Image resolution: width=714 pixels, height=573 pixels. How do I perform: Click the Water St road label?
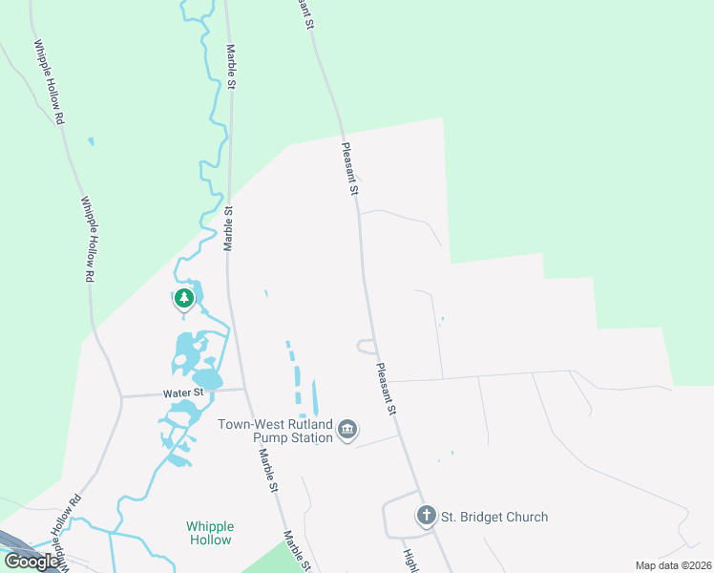(184, 393)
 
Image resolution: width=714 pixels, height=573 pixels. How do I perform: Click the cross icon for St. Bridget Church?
(426, 517)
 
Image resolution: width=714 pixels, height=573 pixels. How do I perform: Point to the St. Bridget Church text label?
(493, 518)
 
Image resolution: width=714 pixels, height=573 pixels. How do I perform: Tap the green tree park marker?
(184, 299)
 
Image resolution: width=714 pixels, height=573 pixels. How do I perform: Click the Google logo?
(32, 562)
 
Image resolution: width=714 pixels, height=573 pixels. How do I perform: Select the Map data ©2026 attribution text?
(672, 565)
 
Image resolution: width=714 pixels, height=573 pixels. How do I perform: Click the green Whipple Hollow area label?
(209, 533)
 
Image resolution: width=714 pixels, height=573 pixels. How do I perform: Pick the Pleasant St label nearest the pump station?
(386, 388)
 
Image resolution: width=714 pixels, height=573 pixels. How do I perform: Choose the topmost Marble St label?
(230, 66)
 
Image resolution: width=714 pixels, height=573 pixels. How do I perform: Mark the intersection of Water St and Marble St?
(245, 389)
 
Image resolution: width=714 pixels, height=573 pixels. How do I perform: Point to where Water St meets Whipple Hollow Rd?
(121, 395)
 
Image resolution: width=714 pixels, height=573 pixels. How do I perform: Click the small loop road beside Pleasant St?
(364, 346)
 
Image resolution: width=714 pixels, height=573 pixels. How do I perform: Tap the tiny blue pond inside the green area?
(91, 142)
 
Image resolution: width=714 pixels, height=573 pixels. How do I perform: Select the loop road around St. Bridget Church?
(386, 520)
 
